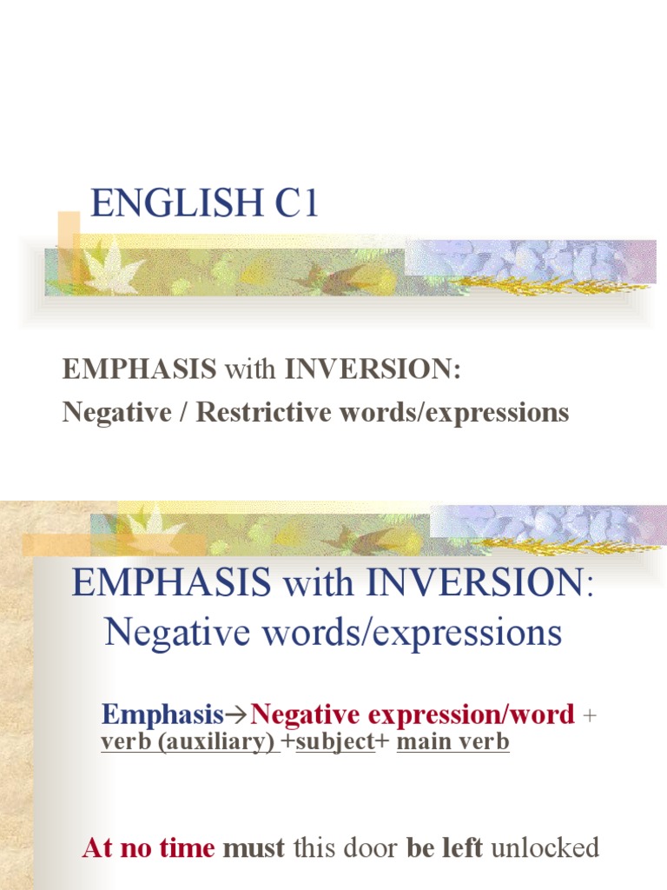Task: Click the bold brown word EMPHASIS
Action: click(139, 369)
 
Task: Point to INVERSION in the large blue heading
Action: click(475, 582)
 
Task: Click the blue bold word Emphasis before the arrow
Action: click(162, 714)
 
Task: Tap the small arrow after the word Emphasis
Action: click(237, 715)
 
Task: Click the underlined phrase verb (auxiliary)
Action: click(188, 742)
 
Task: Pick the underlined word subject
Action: click(335, 742)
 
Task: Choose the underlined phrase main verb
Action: click(452, 742)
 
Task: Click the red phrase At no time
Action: click(149, 847)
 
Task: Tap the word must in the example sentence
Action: click(254, 847)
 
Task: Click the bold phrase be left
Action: click(445, 847)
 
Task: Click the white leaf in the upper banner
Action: click(112, 270)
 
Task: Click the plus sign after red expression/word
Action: click(591, 716)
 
